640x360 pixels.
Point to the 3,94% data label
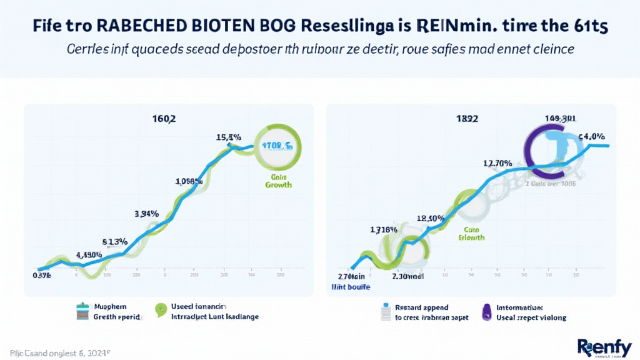(x=147, y=214)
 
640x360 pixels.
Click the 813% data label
(x=115, y=241)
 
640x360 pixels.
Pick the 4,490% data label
(x=89, y=254)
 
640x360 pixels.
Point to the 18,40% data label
(x=430, y=219)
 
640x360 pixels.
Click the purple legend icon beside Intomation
(x=486, y=312)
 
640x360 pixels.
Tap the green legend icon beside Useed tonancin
(x=161, y=308)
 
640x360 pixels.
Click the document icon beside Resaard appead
(x=386, y=311)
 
